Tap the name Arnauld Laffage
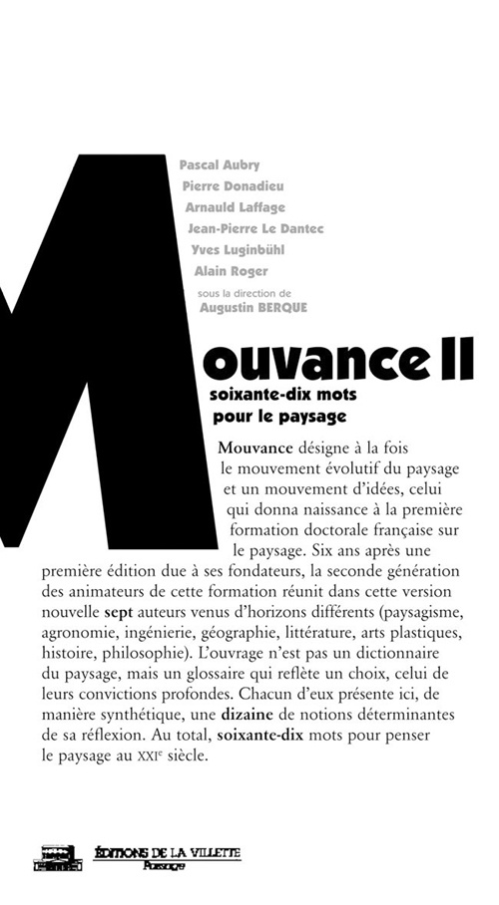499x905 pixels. (235, 207)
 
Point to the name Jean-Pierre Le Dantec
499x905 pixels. (255, 228)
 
